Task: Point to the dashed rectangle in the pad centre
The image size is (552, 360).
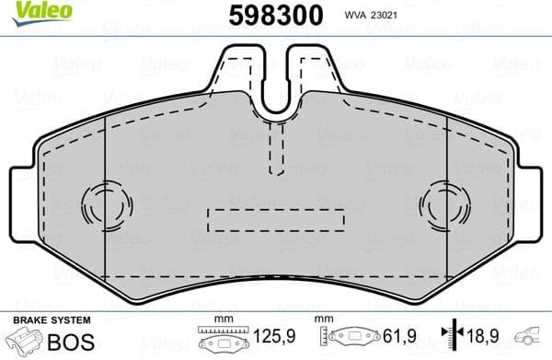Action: pyautogui.click(x=275, y=220)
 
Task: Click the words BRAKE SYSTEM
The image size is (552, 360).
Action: pyautogui.click(x=51, y=320)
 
